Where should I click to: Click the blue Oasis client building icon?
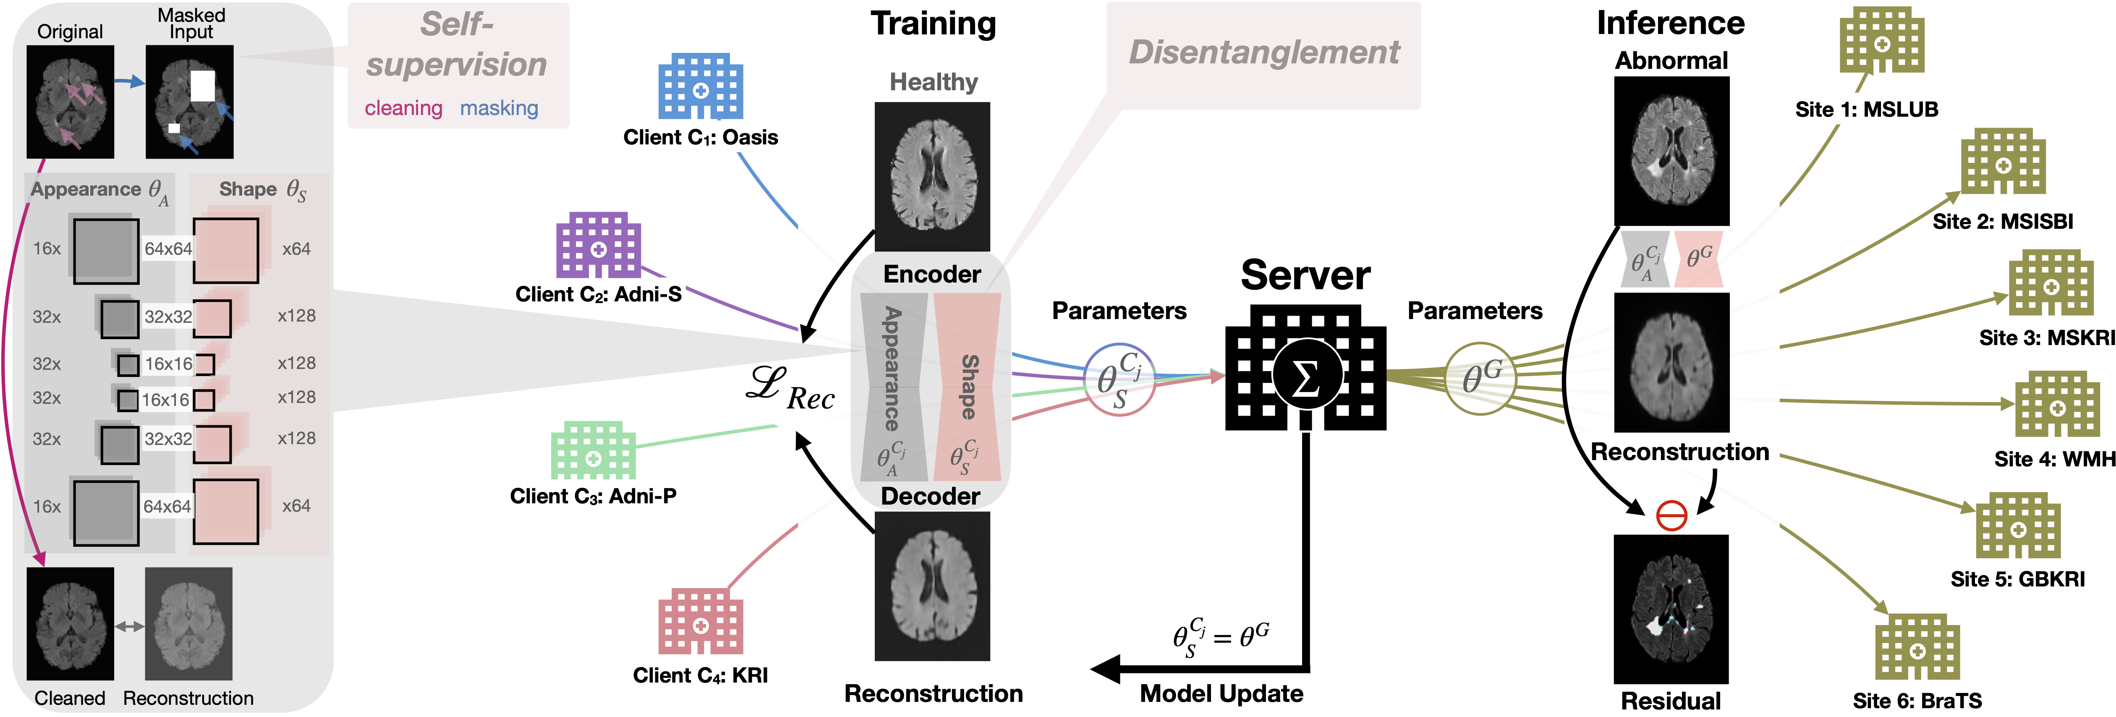[x=701, y=86]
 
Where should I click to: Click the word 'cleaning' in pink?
[x=403, y=108]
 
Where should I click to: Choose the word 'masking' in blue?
[x=499, y=108]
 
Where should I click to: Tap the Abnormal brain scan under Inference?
[x=1671, y=151]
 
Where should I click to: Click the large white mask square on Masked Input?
[x=202, y=85]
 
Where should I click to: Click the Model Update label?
[x=1221, y=694]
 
